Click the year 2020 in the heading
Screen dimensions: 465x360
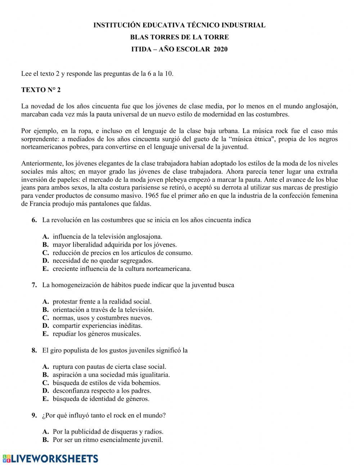(x=220, y=49)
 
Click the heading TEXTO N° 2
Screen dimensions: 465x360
(x=41, y=90)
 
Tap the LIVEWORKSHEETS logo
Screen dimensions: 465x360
(x=50, y=458)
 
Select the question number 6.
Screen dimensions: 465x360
(x=35, y=220)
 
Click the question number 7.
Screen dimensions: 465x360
(x=35, y=285)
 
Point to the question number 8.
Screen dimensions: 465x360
(x=35, y=350)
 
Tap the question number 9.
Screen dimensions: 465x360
(x=35, y=415)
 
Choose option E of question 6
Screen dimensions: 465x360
(x=122, y=269)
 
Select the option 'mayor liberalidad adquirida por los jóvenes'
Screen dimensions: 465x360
(x=114, y=245)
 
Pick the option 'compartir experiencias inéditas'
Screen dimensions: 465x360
(x=97, y=326)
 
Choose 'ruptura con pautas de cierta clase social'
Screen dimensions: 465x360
(x=109, y=367)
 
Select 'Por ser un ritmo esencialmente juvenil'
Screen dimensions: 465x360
(x=108, y=440)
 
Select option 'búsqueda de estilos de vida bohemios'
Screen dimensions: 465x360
(x=107, y=383)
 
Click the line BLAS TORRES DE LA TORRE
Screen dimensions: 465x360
(x=179, y=37)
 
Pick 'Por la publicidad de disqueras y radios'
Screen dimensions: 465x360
(x=108, y=432)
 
